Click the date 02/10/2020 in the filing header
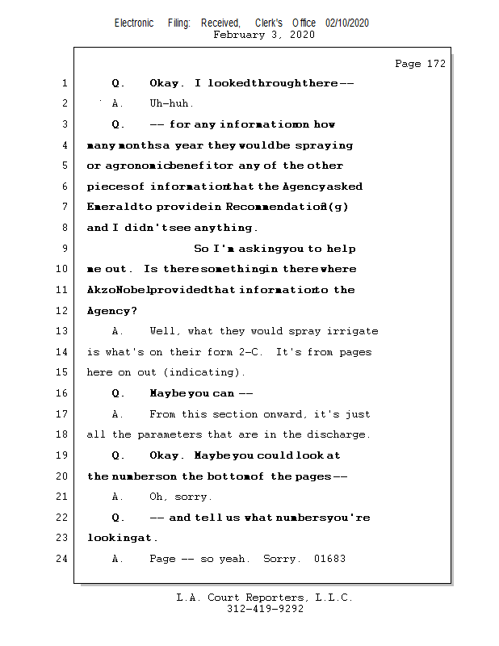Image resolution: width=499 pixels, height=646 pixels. point(347,23)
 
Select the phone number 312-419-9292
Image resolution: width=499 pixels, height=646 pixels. point(264,609)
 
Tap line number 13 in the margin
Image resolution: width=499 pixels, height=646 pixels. point(63,331)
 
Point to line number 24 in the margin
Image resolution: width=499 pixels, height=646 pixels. point(63,559)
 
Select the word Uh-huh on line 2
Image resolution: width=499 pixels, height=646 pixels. point(171,103)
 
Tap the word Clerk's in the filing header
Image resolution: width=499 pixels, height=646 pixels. point(268,23)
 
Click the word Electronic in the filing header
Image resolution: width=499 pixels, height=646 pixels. point(134,23)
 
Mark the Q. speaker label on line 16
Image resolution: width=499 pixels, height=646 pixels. point(118,393)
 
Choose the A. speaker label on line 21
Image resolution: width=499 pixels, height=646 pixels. point(118,497)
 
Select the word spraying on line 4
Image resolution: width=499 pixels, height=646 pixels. point(326,145)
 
